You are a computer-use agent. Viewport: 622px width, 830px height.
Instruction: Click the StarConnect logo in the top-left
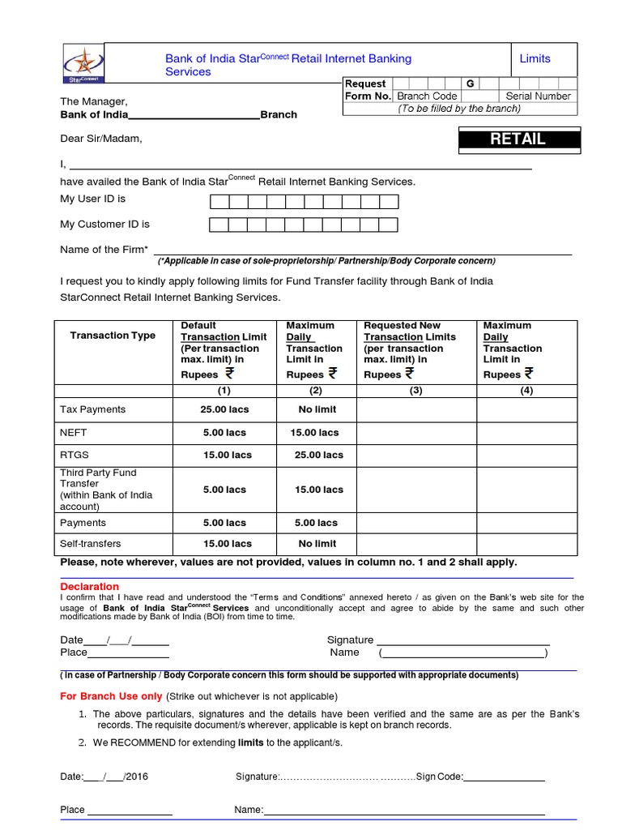pyautogui.click(x=82, y=62)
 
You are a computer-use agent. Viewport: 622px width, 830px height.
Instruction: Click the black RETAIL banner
pyautogui.click(x=518, y=139)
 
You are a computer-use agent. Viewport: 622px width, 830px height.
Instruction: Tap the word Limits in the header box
pyautogui.click(x=535, y=58)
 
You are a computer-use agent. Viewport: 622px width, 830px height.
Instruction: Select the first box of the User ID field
pyautogui.click(x=219, y=202)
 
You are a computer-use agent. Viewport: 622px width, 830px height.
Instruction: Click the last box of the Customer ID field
pyautogui.click(x=388, y=225)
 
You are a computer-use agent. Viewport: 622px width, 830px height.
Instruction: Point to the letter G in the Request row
pyautogui.click(x=470, y=83)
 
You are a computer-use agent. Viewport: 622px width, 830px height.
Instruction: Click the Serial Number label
pyautogui.click(x=538, y=96)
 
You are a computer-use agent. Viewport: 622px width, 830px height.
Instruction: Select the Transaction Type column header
pyautogui.click(x=113, y=336)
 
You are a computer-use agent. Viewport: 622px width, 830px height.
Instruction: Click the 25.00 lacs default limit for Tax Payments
pyautogui.click(x=225, y=409)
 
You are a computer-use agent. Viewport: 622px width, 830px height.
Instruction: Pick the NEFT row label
pyautogui.click(x=74, y=433)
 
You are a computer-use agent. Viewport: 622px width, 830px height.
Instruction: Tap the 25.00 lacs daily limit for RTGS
pyautogui.click(x=318, y=455)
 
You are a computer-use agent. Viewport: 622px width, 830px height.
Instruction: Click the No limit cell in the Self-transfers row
pyautogui.click(x=317, y=544)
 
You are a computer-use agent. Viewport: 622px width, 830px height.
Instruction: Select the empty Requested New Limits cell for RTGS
pyautogui.click(x=415, y=455)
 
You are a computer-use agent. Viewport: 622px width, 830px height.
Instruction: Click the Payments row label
pyautogui.click(x=83, y=523)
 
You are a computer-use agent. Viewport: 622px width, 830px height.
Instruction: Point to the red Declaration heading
pyautogui.click(x=89, y=586)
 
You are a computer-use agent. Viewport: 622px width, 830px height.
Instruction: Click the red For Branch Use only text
pyautogui.click(x=112, y=696)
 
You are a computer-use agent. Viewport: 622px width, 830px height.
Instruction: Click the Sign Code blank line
pyautogui.click(x=504, y=777)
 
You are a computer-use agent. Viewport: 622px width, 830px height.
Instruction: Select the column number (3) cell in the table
pyautogui.click(x=415, y=390)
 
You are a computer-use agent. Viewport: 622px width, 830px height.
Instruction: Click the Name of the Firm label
pyautogui.click(x=104, y=250)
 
